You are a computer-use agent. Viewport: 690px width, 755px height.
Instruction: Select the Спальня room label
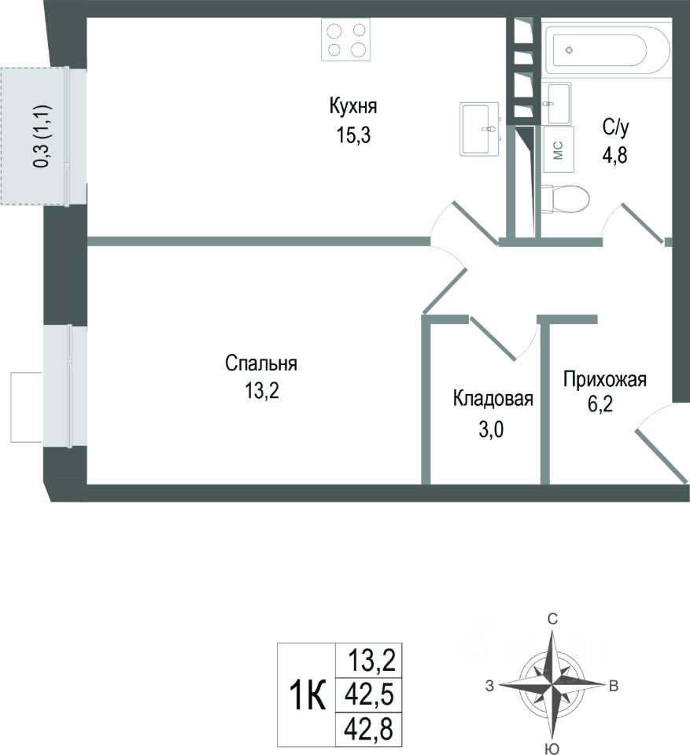click(260, 363)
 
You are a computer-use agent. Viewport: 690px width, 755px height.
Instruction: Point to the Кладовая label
click(493, 399)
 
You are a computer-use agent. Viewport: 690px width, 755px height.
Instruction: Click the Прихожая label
click(604, 381)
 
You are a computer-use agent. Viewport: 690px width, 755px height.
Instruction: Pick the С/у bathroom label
click(616, 125)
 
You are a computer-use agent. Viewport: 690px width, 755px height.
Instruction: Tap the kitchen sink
click(481, 129)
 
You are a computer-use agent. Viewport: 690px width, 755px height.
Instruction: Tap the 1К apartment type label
click(308, 695)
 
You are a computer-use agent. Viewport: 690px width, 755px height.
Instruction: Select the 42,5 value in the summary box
click(368, 695)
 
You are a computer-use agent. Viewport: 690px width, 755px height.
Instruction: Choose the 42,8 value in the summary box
click(368, 729)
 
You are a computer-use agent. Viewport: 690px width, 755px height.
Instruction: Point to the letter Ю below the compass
click(552, 747)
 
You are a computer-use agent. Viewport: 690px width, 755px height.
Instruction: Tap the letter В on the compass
click(614, 686)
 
